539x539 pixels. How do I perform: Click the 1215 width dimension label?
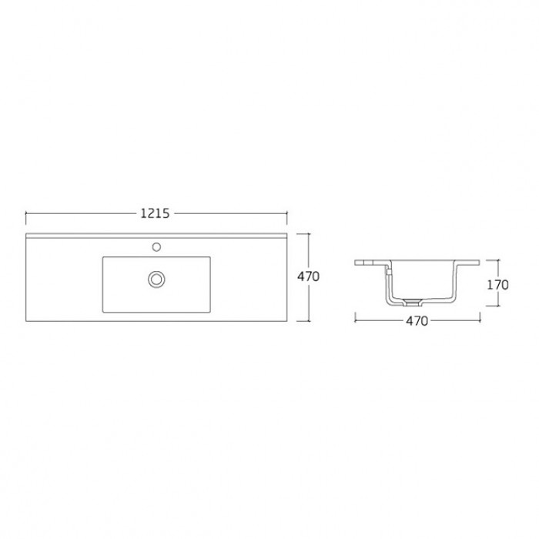coord(155,214)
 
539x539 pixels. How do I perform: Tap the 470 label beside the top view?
coord(308,276)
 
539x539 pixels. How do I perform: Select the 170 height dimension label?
coord(497,285)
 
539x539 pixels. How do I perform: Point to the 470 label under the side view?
coord(417,321)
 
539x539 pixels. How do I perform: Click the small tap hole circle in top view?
coord(156,247)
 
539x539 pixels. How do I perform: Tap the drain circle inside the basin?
coord(156,279)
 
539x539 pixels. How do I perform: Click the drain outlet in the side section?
coord(411,302)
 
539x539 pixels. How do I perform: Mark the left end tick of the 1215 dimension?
coord(26,214)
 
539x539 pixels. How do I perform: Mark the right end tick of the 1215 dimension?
coord(286,214)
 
